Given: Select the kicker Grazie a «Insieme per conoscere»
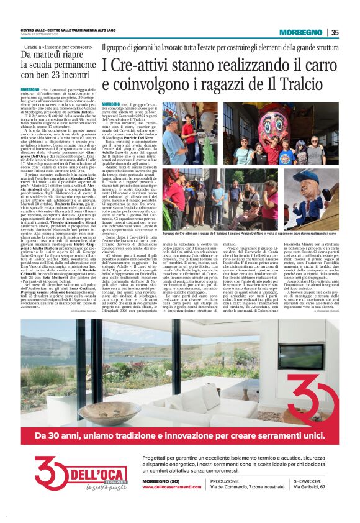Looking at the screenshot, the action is pyautogui.click(x=55, y=46).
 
